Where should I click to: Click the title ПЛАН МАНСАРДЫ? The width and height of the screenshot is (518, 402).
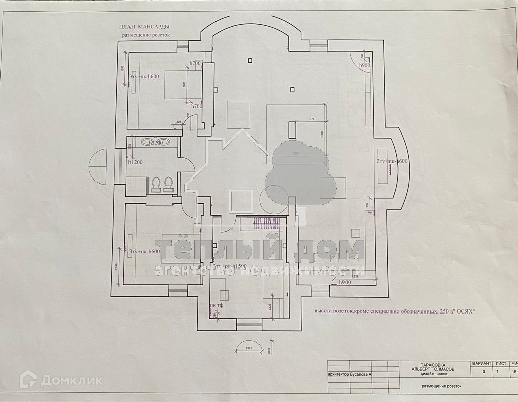click(144, 26)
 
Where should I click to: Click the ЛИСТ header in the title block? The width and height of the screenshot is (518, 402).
click(501, 364)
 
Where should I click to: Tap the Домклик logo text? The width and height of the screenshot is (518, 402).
click(72, 380)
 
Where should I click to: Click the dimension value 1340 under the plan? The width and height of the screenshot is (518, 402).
click(249, 348)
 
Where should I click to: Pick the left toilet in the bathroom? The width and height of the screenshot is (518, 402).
click(156, 184)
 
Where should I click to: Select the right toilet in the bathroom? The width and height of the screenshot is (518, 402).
click(168, 184)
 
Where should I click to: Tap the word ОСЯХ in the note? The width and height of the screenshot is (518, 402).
click(461, 312)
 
